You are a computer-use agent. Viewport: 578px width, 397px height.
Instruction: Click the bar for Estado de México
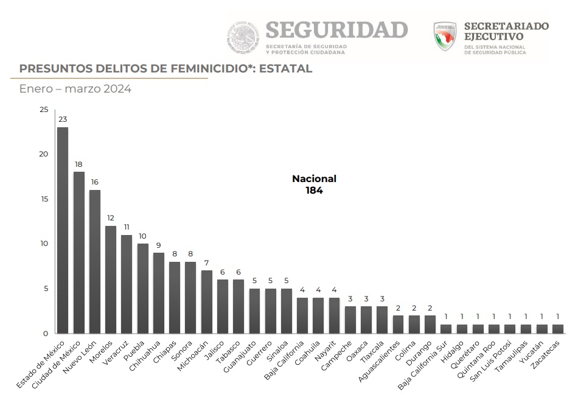click(62, 230)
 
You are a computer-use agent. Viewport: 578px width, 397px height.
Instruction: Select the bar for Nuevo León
click(94, 262)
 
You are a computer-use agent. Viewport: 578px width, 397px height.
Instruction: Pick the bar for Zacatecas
click(557, 329)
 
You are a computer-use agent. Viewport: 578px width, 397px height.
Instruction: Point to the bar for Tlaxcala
click(382, 320)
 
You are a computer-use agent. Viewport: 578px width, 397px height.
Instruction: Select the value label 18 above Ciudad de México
click(78, 164)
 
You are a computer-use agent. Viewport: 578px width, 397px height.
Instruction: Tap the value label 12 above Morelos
click(110, 218)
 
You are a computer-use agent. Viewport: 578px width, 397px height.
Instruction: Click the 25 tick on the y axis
click(43, 110)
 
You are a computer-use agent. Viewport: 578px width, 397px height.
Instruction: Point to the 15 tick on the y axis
click(43, 199)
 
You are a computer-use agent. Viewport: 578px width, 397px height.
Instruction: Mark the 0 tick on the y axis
click(45, 333)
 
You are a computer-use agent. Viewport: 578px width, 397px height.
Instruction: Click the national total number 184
click(314, 190)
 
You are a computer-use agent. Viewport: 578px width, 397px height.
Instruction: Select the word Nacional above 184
click(314, 179)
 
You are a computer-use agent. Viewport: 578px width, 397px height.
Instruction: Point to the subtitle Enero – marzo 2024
click(75, 89)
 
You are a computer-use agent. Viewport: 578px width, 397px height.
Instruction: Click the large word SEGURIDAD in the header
click(336, 30)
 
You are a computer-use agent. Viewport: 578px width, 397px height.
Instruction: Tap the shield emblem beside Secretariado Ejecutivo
click(445, 36)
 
